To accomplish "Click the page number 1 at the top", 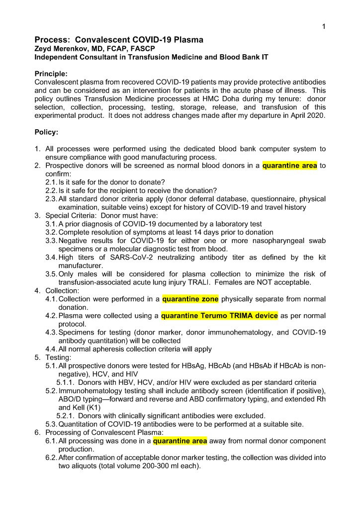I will pos(323,26).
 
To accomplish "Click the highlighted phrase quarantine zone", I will pos(190,299).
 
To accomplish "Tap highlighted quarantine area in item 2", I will pos(289,166).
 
